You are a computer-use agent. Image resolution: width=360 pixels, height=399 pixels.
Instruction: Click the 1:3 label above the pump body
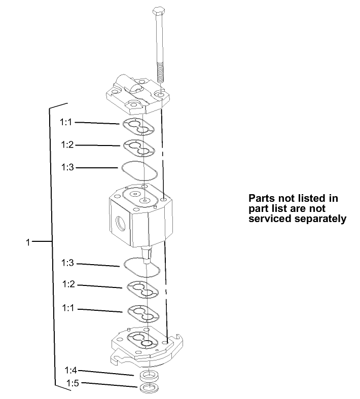[x=67, y=167]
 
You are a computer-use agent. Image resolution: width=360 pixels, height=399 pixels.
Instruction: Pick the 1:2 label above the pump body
[x=67, y=144]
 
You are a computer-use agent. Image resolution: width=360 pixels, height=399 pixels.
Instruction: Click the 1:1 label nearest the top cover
[x=66, y=122]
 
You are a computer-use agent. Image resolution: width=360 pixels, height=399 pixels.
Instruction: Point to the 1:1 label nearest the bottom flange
[x=68, y=307]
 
